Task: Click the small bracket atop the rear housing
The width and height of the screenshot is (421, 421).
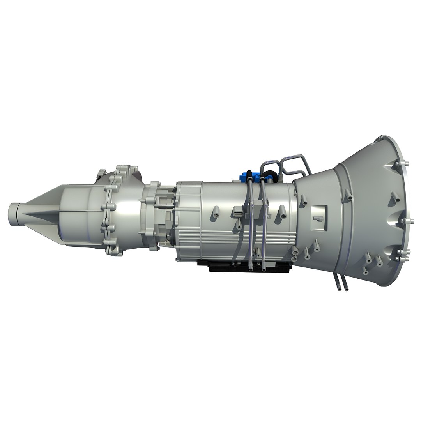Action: coord(101,173)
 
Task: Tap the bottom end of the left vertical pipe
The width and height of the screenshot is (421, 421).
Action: coord(250,269)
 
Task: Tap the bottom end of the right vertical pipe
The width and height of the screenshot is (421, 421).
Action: coord(264,269)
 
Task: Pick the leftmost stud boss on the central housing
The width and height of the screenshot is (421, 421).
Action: coord(216,213)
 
